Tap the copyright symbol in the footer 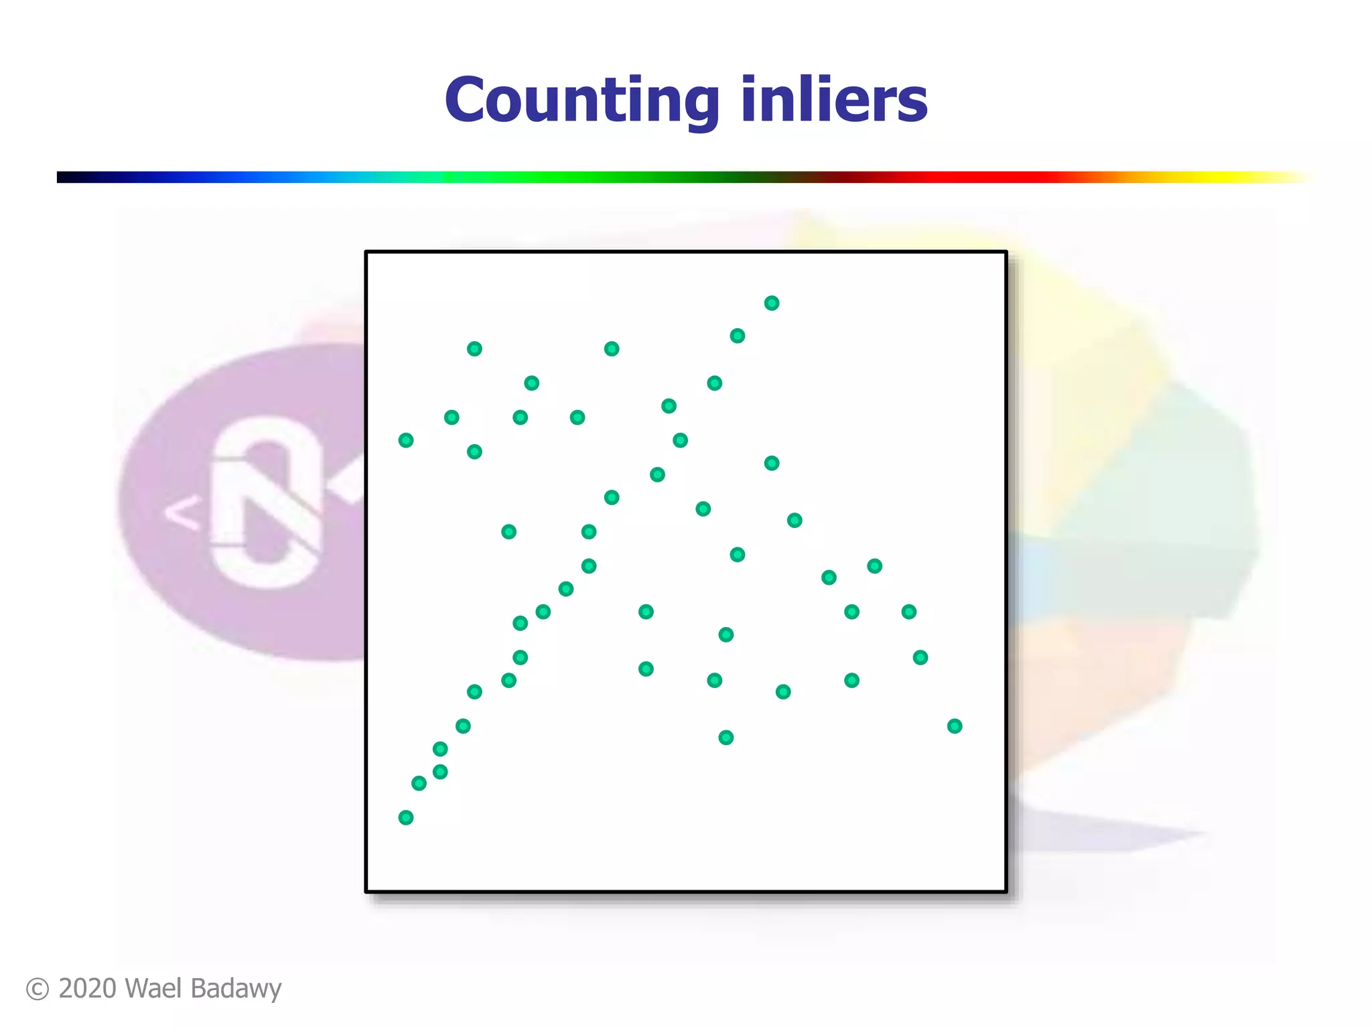click(38, 989)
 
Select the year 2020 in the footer click(87, 989)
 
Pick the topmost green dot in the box click(772, 303)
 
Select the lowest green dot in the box click(406, 817)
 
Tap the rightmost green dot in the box click(955, 726)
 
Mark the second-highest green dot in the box click(738, 336)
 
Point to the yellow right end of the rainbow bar click(1273, 178)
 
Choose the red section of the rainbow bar click(971, 178)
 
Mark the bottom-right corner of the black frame click(1006, 891)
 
